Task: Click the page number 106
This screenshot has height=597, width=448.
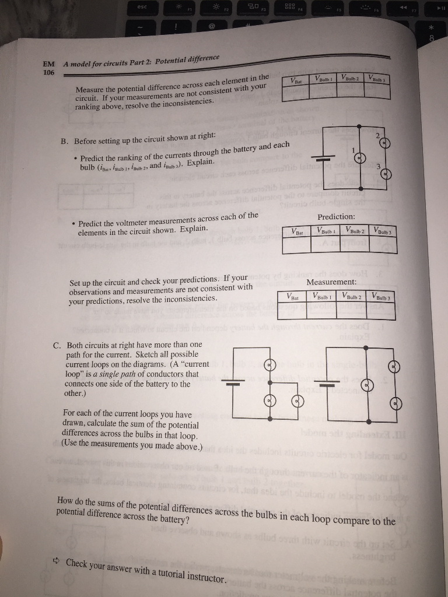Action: (48, 72)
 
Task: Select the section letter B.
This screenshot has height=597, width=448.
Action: (65, 141)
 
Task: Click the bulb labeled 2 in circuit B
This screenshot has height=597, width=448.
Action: (386, 145)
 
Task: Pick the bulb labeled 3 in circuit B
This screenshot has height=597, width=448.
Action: (387, 174)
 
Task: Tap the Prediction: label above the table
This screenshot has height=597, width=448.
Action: (337, 217)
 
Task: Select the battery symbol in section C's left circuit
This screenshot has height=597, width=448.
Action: (234, 384)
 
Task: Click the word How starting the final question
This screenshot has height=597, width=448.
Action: (66, 501)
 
